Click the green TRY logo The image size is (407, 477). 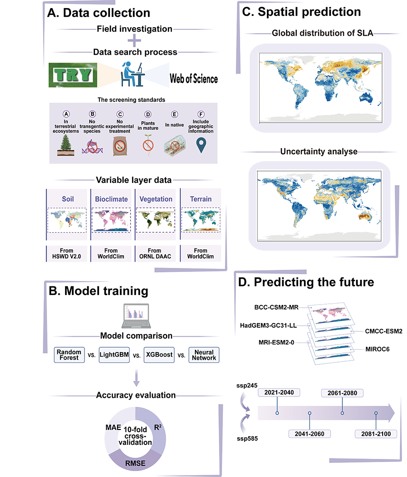tap(72, 75)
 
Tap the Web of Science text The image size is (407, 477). tap(194, 79)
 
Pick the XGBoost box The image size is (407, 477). tap(158, 354)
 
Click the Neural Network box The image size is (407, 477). tap(203, 354)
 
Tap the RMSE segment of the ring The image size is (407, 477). tap(135, 464)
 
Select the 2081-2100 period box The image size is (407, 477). tap(375, 434)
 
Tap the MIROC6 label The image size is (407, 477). tap(378, 350)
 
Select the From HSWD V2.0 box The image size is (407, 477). tap(68, 253)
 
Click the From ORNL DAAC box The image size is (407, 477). tap(154, 253)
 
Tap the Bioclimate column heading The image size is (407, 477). tap(111, 199)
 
